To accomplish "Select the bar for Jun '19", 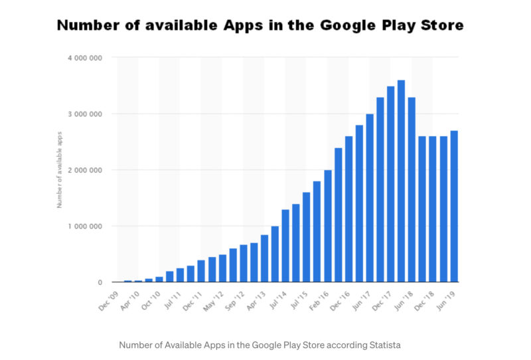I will click(454, 206).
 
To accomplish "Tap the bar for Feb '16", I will click(327, 226).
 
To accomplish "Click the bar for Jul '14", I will click(285, 246).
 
